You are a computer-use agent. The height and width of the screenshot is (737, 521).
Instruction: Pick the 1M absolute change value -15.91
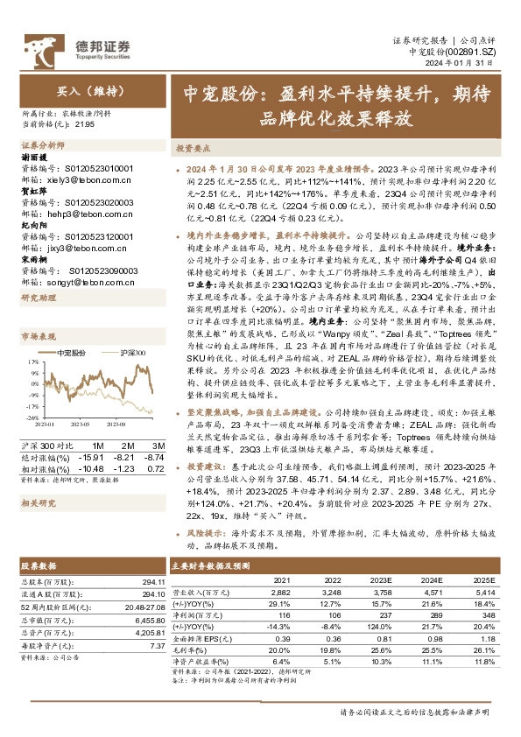click(90, 457)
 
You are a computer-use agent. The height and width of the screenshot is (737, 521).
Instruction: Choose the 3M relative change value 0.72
click(156, 467)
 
